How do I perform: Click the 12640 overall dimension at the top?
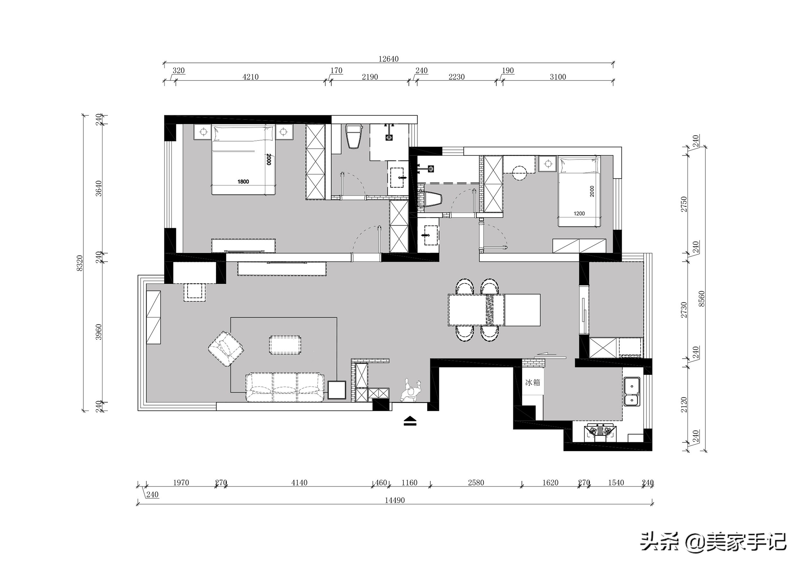tap(388, 59)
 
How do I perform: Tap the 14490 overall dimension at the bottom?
tap(394, 500)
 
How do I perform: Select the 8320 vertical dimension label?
tap(80, 263)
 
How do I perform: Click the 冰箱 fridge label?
tap(533, 383)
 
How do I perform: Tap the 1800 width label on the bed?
tap(243, 182)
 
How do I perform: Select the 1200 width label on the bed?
tap(579, 213)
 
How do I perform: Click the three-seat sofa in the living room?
tap(285, 387)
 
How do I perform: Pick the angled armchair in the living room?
tap(226, 349)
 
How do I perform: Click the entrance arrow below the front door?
tap(410, 421)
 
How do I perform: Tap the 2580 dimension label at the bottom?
tap(476, 483)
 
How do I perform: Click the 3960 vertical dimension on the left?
tap(99, 332)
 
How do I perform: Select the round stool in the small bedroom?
tap(519, 173)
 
